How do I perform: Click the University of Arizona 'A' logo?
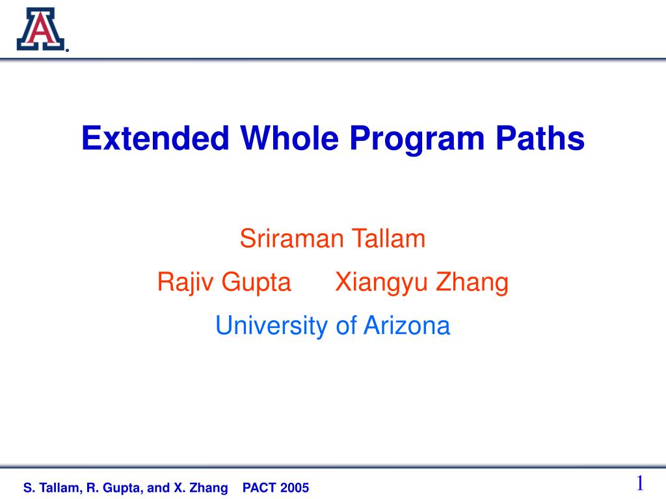point(41,29)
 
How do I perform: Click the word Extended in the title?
point(155,138)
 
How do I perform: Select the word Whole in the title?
point(289,138)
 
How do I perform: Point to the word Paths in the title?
point(540,138)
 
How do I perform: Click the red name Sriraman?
point(291,238)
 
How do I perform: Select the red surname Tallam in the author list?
point(389,238)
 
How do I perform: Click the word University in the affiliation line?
point(272,326)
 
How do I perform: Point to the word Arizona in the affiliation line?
point(407,326)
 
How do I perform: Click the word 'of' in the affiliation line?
point(346,326)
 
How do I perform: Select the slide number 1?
point(640,483)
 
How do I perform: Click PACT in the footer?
point(258,488)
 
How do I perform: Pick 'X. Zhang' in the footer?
point(201,489)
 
